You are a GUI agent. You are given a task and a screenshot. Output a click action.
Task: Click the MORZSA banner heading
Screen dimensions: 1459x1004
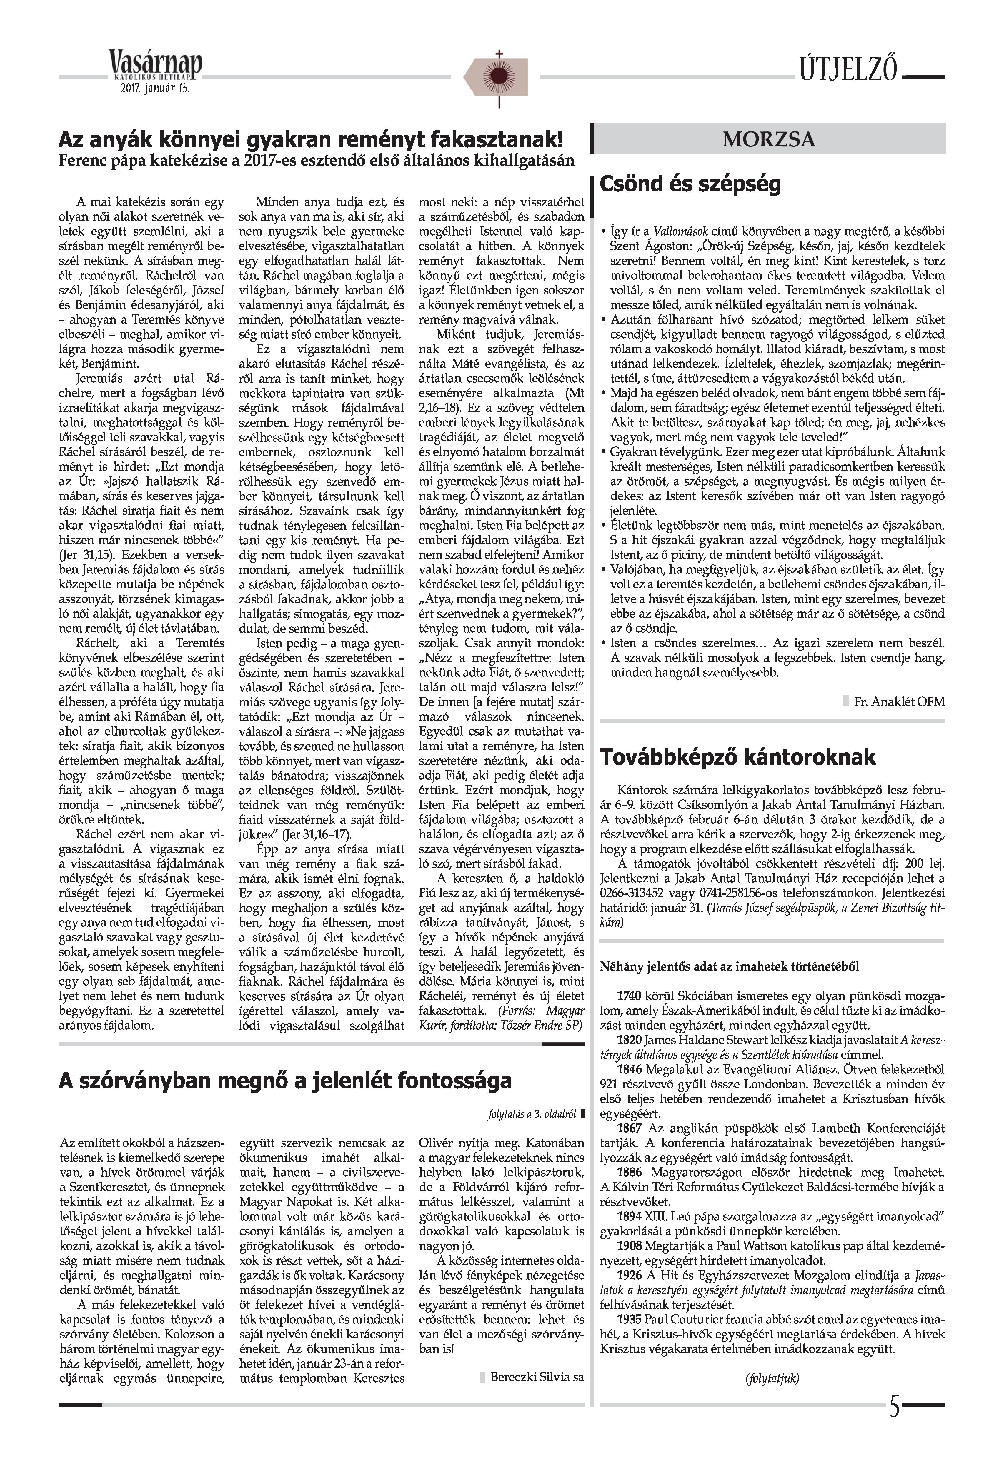769,139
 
